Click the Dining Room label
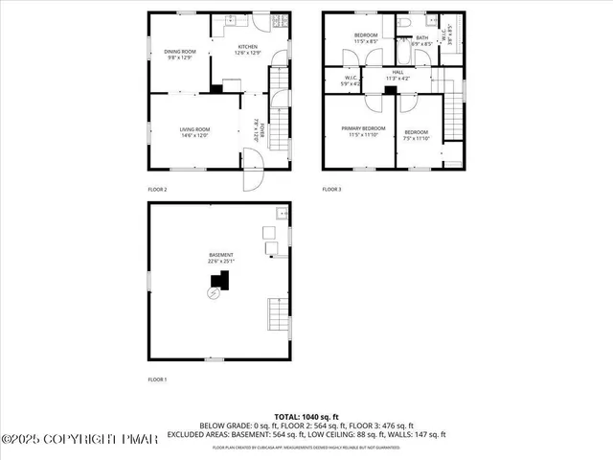click(179, 54)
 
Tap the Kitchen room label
click(248, 50)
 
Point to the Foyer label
click(257, 129)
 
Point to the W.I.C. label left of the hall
click(351, 81)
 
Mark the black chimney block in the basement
click(221, 281)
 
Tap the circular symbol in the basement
click(213, 294)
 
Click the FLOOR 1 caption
click(157, 380)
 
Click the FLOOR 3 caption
click(331, 190)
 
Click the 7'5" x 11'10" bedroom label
click(416, 135)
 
